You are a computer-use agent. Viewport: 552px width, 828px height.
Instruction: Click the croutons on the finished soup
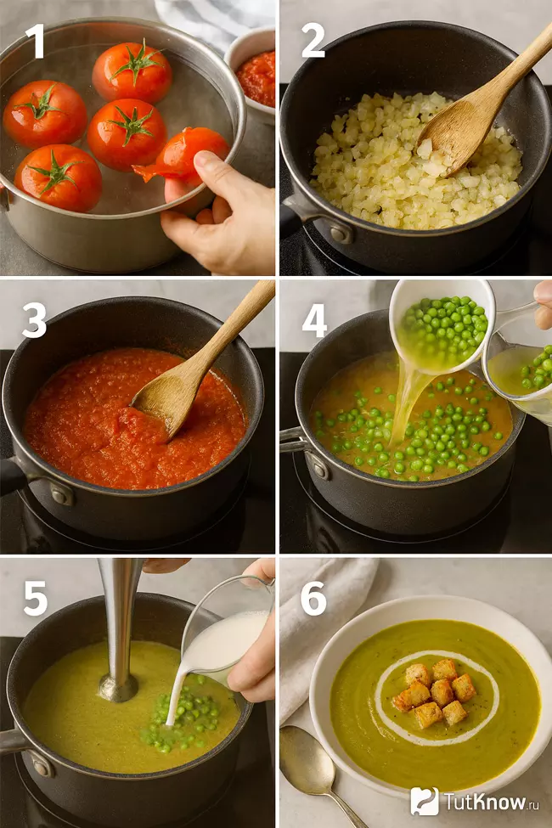pyautogui.click(x=435, y=690)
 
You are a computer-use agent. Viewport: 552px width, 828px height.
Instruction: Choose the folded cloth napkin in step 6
pyautogui.click(x=322, y=634)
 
